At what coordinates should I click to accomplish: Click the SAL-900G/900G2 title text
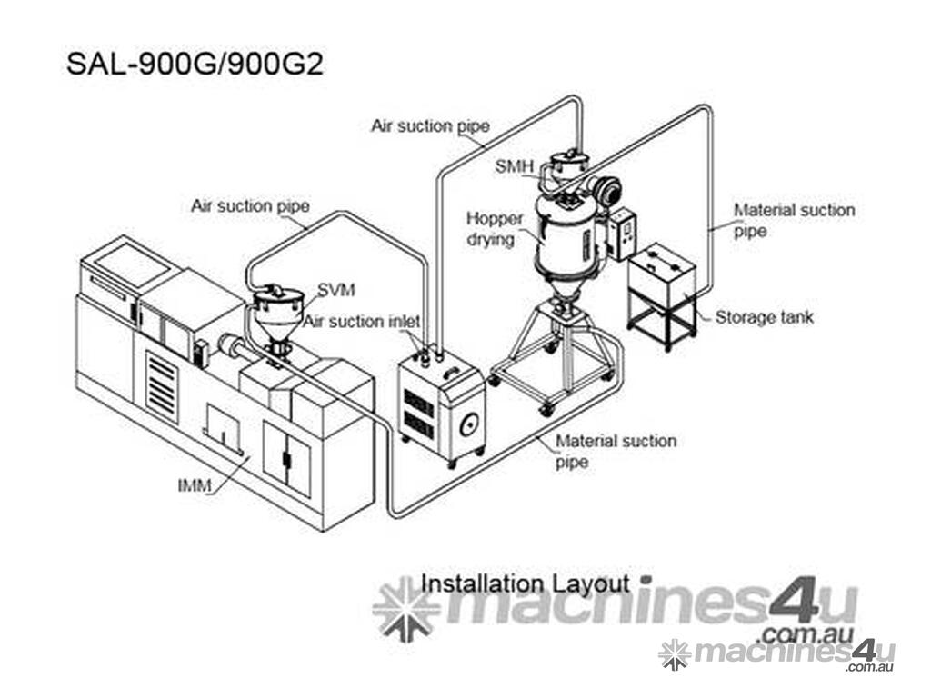(x=195, y=65)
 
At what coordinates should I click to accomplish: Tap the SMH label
(x=515, y=167)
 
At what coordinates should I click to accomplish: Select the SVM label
(x=336, y=290)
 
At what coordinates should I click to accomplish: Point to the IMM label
(x=195, y=485)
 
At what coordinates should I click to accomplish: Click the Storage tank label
(x=764, y=317)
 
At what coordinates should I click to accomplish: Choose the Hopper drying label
(x=495, y=229)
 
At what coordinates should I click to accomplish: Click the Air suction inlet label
(x=362, y=322)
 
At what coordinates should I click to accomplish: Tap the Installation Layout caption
(x=525, y=583)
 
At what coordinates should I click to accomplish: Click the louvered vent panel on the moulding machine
(x=162, y=381)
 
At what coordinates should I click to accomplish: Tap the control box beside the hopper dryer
(x=621, y=235)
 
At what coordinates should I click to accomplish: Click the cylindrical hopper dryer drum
(x=567, y=234)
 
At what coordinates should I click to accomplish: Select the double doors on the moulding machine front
(x=286, y=458)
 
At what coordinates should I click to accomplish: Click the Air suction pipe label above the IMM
(x=251, y=206)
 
